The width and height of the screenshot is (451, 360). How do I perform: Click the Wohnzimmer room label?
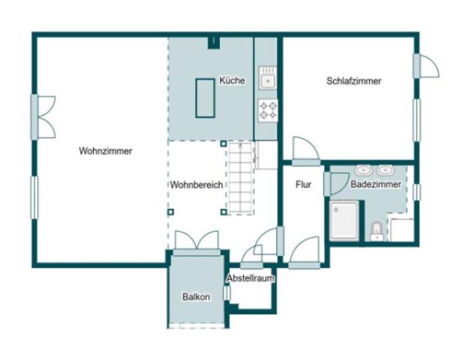pos(105,151)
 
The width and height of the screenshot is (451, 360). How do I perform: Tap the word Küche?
pos(232,80)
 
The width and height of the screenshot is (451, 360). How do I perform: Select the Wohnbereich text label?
pos(196,184)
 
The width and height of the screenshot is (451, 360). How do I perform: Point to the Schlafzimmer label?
pos(353,81)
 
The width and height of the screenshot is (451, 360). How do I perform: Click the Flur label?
pos(303,184)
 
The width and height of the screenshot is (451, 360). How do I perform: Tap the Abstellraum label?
pos(251,278)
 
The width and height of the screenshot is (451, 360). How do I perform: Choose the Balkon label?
pos(196,297)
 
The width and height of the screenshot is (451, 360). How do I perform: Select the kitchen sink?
pos(268,77)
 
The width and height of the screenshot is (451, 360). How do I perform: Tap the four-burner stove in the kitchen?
pos(268,110)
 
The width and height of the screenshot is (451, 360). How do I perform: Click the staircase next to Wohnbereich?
pos(241,178)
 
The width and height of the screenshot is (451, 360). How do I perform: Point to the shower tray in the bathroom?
pos(344,220)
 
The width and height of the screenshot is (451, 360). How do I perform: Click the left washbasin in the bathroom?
pos(365,169)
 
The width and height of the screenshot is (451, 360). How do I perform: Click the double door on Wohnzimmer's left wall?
pos(42,116)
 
